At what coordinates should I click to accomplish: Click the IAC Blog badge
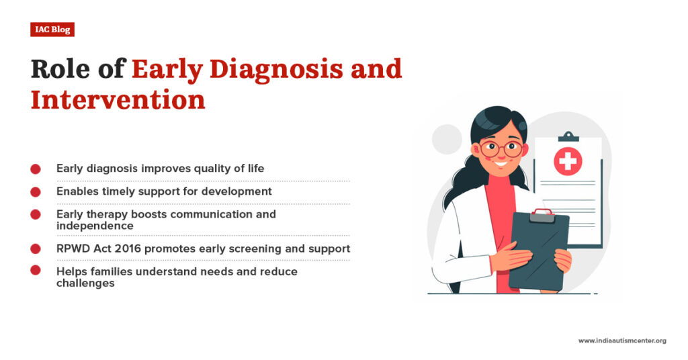[52, 30]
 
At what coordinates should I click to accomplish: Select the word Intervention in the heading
[118, 99]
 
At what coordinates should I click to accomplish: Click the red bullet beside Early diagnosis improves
[36, 169]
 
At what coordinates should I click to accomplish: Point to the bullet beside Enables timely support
[36, 191]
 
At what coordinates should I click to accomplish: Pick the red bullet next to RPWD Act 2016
[36, 249]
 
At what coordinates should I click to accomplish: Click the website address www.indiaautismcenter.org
[622, 341]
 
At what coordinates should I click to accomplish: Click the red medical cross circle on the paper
[568, 161]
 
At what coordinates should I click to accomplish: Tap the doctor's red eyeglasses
[500, 149]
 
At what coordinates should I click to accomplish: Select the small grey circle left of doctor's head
[447, 139]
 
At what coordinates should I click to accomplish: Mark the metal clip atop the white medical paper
[568, 136]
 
